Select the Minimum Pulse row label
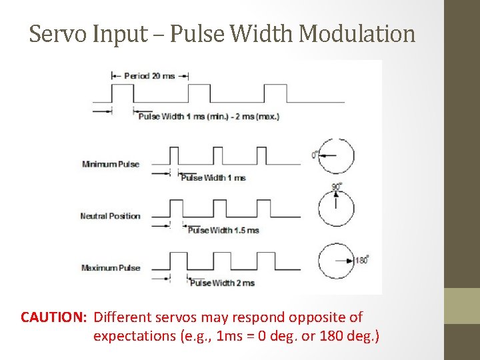(111, 164)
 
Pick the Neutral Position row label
(110, 216)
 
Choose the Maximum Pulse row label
(111, 268)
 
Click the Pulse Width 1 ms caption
(213, 178)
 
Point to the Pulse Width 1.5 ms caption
(223, 231)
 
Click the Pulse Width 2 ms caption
(223, 283)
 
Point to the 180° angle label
(362, 261)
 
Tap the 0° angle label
(314, 155)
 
